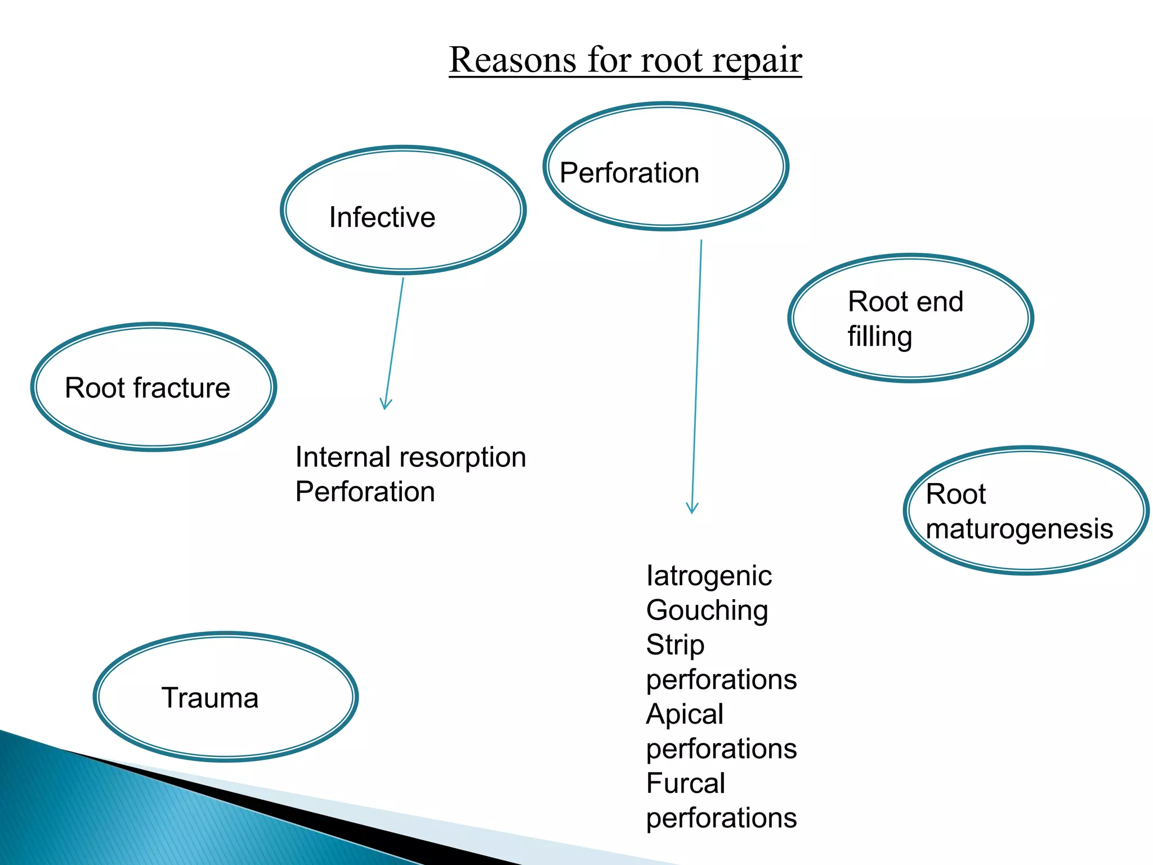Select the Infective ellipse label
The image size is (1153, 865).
[x=382, y=217]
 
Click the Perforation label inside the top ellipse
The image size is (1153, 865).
[x=629, y=173]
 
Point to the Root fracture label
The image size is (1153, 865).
[x=148, y=388]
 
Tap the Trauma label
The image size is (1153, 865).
[x=210, y=698]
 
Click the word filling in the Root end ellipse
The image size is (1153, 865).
[x=879, y=337]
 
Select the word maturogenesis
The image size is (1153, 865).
[x=1019, y=529]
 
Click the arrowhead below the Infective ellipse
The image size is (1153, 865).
[x=385, y=404]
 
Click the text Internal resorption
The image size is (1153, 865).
[x=410, y=457]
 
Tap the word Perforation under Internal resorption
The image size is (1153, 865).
[x=365, y=492]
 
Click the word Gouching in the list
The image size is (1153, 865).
[x=707, y=611]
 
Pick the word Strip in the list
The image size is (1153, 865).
[x=675, y=645]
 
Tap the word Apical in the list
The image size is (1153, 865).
[x=685, y=715]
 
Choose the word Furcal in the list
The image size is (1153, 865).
[x=685, y=783]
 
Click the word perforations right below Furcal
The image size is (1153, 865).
[x=721, y=818]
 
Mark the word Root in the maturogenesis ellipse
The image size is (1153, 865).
[x=955, y=494]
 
